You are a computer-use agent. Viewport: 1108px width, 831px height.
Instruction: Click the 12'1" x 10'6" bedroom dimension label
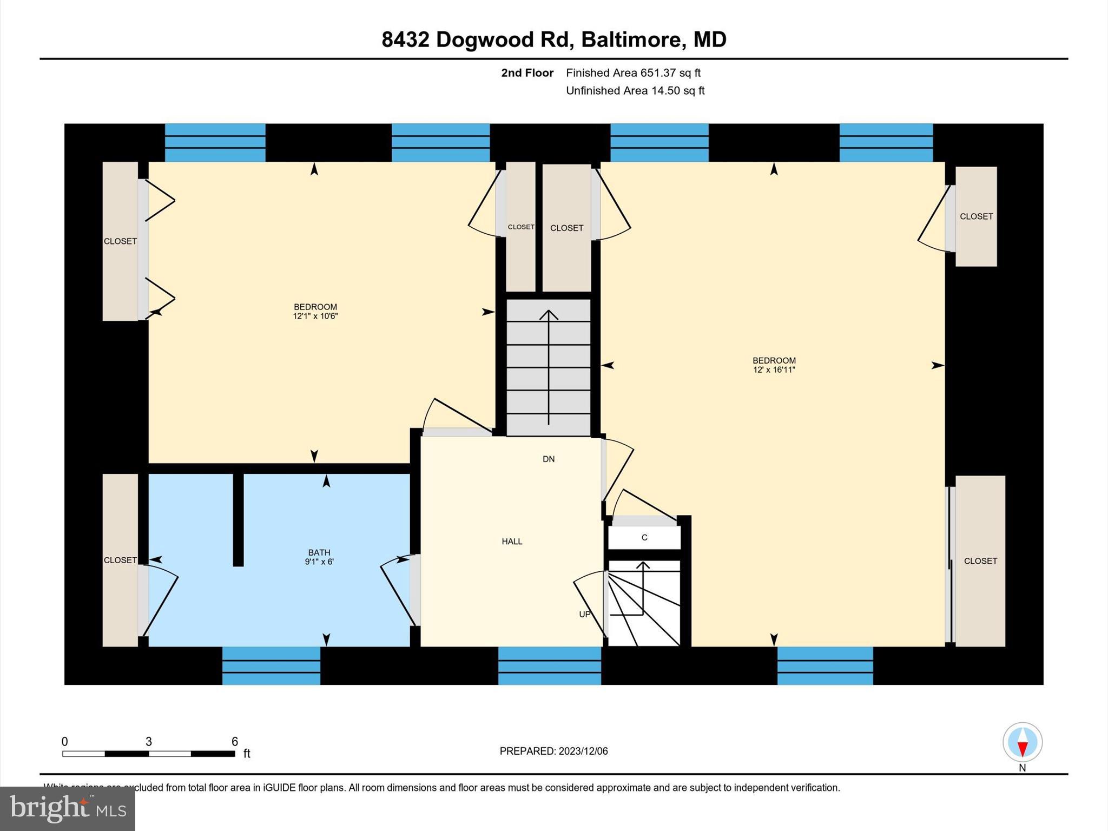point(315,316)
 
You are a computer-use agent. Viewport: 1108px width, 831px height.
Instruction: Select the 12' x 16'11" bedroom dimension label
point(774,370)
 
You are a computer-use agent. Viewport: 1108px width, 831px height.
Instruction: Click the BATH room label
point(319,552)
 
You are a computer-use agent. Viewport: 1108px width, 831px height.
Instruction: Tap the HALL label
point(512,542)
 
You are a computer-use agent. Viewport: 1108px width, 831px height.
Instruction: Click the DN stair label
point(549,459)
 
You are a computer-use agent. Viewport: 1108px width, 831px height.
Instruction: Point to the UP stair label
point(585,615)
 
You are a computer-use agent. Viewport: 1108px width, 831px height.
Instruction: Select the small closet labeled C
point(644,538)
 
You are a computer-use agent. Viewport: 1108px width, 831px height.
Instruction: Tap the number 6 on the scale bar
point(235,742)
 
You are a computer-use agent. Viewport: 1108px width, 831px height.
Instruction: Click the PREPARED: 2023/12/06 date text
point(553,751)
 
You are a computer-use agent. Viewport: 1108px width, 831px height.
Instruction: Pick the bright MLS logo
point(68,808)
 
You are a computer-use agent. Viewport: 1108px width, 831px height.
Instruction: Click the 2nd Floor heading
point(527,73)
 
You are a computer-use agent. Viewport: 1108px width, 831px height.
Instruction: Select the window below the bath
point(271,665)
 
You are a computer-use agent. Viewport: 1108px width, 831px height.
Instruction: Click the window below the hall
point(549,665)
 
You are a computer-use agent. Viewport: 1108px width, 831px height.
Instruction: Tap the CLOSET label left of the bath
point(120,560)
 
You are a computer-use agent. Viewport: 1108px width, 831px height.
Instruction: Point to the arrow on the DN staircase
point(549,368)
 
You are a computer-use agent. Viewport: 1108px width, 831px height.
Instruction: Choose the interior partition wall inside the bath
point(238,519)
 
